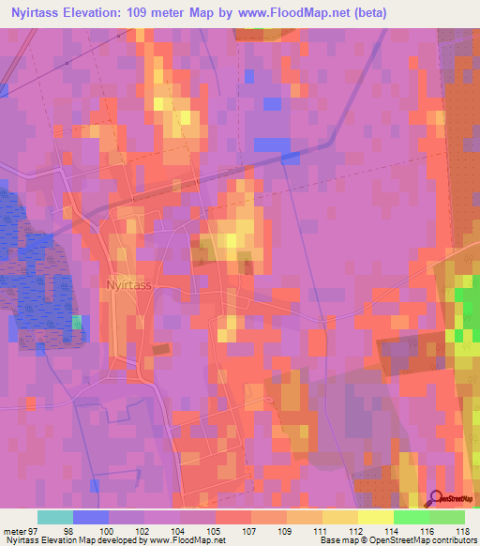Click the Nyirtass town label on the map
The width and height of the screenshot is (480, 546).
[129, 283]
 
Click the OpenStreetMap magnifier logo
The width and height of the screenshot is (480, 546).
[436, 499]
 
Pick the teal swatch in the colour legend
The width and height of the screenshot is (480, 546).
[54, 517]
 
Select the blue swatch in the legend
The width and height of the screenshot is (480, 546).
[90, 517]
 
